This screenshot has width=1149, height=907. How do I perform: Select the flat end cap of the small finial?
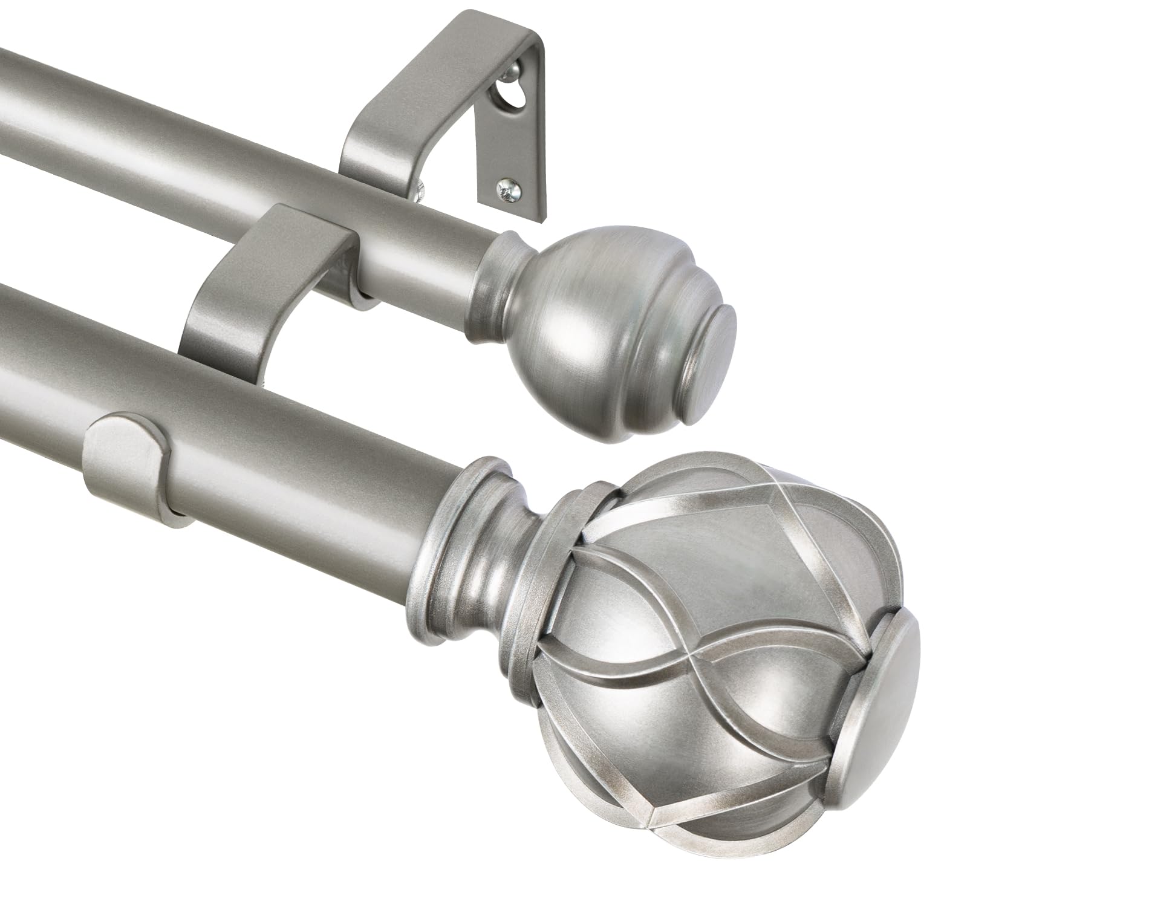point(712,356)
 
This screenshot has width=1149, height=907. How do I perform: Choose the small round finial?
point(605,320)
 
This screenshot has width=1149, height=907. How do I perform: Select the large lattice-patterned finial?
point(695,635)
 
